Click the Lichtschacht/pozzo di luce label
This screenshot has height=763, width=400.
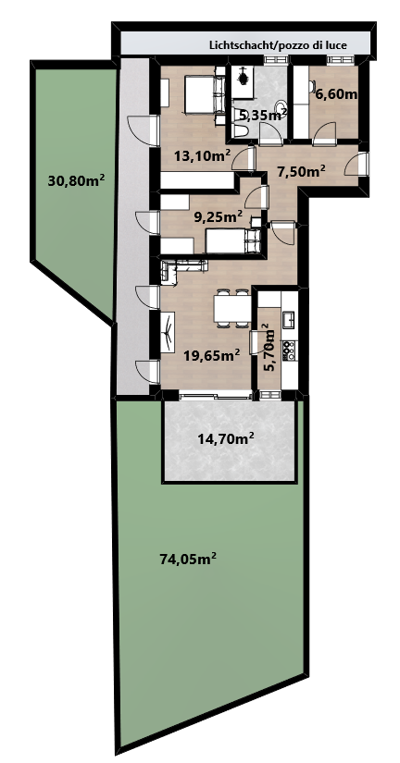coord(278,45)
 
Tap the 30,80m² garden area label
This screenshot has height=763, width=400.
coord(77,181)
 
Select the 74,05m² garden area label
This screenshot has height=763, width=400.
coord(188,559)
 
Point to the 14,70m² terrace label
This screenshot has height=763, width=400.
coord(226,439)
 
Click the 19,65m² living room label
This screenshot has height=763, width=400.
coord(211,355)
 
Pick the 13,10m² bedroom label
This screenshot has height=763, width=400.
coord(202,155)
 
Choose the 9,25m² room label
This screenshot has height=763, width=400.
coord(219,217)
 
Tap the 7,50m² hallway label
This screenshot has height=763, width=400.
coord(301,171)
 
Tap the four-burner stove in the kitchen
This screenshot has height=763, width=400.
coord(290,350)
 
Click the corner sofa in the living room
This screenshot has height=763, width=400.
coord(180,267)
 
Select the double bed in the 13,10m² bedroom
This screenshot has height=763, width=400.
coord(204,95)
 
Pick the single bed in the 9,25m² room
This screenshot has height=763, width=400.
coord(233,241)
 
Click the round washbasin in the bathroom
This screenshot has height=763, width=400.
coord(281,106)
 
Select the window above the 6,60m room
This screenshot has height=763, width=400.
coord(341,60)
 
